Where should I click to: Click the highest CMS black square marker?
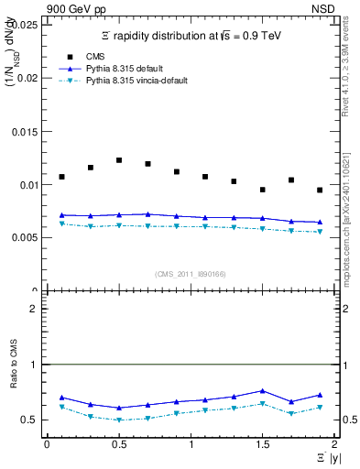[x=119, y=160]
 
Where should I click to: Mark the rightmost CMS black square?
[x=320, y=190]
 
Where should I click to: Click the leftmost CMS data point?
[x=61, y=177]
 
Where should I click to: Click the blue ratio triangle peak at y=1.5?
[x=262, y=391]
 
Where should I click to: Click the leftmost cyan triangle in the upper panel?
[x=61, y=224]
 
